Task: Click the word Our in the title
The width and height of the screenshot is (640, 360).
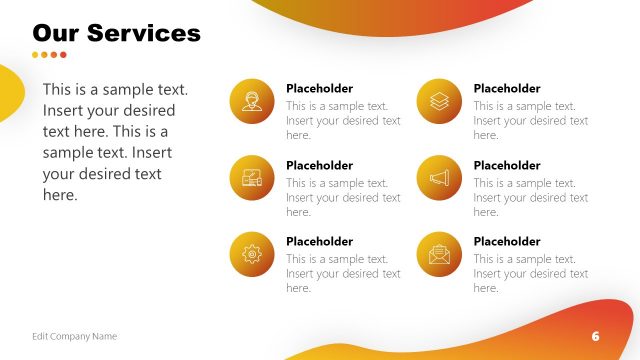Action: tap(56, 33)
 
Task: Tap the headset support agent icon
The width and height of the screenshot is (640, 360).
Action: tap(252, 101)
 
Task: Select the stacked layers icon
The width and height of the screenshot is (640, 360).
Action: tap(439, 101)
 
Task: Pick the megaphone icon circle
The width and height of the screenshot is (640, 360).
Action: tap(439, 178)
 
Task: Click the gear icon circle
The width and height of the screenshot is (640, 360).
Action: tap(252, 254)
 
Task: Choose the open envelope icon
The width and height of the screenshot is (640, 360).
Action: tap(439, 254)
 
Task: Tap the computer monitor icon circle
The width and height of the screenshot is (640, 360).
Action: tap(252, 178)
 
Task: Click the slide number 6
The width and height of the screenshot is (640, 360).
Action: tap(595, 336)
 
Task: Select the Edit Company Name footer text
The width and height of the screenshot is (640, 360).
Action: tap(74, 336)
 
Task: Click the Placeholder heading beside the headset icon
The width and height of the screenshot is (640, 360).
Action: tap(319, 88)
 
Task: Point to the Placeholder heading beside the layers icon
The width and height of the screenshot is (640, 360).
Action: tap(506, 88)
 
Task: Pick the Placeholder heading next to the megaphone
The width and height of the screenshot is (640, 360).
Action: tap(506, 165)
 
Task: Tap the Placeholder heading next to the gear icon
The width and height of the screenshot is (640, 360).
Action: tap(319, 241)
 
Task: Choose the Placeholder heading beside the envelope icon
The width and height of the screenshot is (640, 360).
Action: tap(506, 241)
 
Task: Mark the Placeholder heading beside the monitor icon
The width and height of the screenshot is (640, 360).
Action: tap(319, 165)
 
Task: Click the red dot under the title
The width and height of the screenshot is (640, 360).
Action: tap(64, 55)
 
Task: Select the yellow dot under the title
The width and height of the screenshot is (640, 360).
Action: tap(36, 55)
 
